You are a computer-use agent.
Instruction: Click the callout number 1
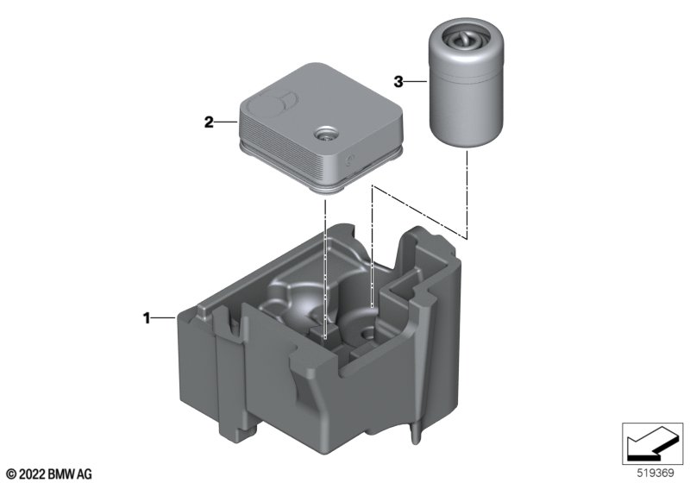(147, 317)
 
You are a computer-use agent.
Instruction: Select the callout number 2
(209, 122)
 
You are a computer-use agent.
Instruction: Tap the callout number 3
(398, 82)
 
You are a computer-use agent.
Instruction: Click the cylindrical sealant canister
(465, 84)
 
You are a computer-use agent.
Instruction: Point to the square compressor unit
(321, 128)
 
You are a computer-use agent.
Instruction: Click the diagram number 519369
(655, 474)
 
